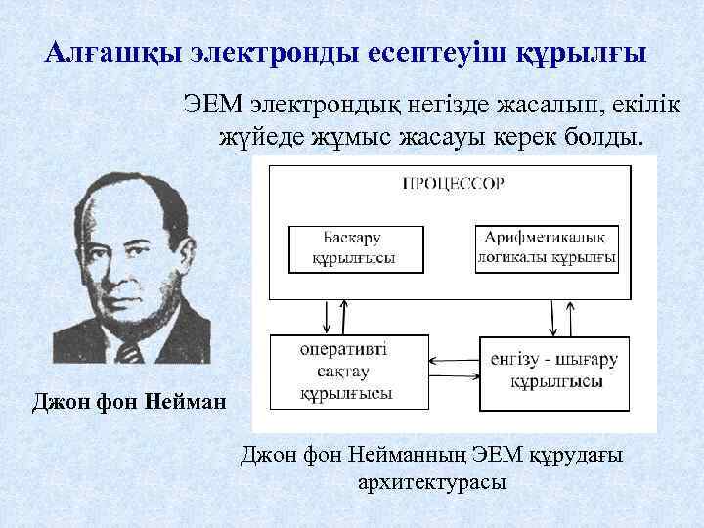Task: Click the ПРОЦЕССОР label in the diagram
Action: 454,182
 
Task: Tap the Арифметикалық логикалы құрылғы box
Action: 547,248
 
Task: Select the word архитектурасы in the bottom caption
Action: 433,482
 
